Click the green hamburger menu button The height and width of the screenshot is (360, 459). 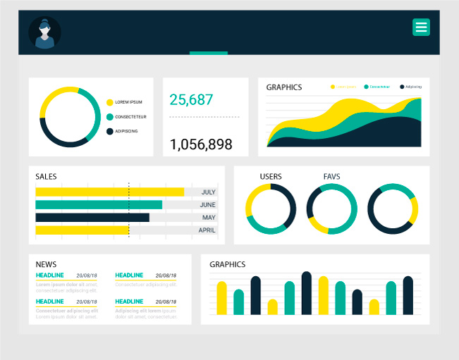[x=421, y=27]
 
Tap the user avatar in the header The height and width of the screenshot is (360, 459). [x=44, y=32]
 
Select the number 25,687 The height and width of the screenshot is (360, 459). [x=191, y=100]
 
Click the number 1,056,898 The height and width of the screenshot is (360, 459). [x=201, y=144]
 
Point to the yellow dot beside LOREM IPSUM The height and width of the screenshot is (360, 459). [x=109, y=102]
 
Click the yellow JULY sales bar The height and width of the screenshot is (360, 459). [x=109, y=192]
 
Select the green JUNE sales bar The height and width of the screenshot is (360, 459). [x=99, y=205]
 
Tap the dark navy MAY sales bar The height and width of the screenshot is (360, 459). [x=92, y=218]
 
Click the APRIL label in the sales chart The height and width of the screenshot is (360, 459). [x=207, y=230]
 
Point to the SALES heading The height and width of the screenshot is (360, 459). [x=46, y=176]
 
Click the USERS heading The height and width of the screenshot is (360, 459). [x=271, y=176]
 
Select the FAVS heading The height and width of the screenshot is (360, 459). [x=331, y=176]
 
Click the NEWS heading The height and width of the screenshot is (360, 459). [x=46, y=264]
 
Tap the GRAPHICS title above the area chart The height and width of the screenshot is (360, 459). [x=283, y=87]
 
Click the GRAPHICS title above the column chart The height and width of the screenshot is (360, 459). [x=227, y=264]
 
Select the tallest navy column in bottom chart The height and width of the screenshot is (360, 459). [x=306, y=293]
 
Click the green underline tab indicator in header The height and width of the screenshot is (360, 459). [x=209, y=53]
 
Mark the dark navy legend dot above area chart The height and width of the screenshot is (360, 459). [x=402, y=87]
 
